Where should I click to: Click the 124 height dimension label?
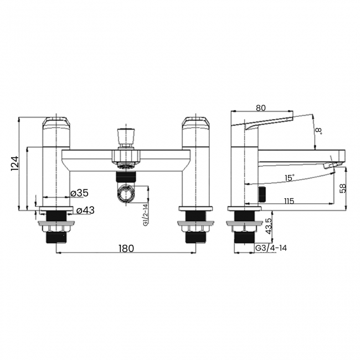[x=14, y=163]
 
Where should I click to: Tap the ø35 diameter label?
[x=79, y=193]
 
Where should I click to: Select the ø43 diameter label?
[x=85, y=210]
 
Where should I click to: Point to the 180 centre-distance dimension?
[x=126, y=248]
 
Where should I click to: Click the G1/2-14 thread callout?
[x=146, y=215]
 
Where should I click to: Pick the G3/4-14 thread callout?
[x=271, y=248]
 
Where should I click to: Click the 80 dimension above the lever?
[x=261, y=107]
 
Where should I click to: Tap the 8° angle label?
[x=318, y=131]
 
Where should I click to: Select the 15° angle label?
[x=289, y=178]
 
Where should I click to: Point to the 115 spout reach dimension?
[x=289, y=201]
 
